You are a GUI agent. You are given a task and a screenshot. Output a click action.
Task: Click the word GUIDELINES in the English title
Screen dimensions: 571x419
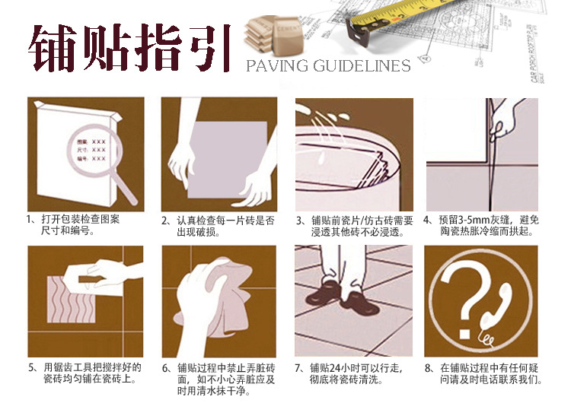coord(362,66)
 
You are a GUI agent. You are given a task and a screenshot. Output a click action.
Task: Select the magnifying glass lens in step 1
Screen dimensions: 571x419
coord(94,150)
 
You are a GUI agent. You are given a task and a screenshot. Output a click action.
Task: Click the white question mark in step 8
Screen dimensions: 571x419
coord(463,298)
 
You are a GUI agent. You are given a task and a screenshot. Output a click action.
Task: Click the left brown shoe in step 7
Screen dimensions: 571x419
coord(323,292)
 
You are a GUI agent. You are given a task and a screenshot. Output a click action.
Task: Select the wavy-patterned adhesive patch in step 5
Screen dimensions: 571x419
coord(71,300)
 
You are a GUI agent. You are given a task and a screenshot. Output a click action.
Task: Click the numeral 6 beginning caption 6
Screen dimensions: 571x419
coord(165,369)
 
